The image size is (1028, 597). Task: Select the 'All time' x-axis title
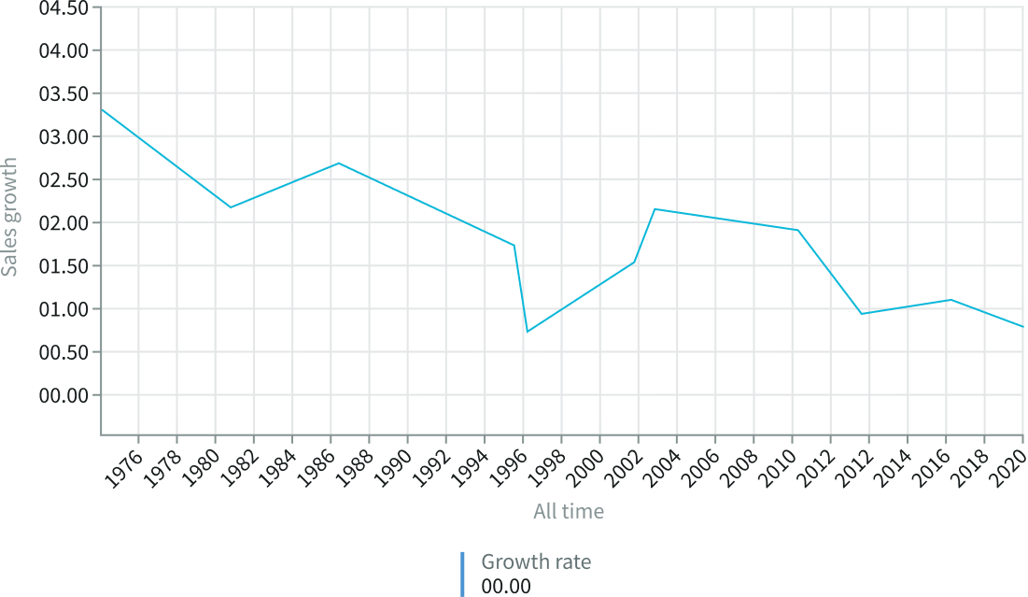coord(568,511)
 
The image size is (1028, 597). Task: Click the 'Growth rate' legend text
coord(536,561)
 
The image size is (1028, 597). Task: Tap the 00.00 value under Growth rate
coord(505,587)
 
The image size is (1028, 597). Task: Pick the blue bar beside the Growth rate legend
coord(462,574)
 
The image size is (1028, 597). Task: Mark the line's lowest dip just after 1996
coord(528,331)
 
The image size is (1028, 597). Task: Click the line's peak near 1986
coord(338,163)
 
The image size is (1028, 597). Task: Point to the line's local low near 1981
coord(230,206)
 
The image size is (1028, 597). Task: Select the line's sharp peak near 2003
coord(654,208)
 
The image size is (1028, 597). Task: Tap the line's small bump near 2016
coord(950,300)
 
